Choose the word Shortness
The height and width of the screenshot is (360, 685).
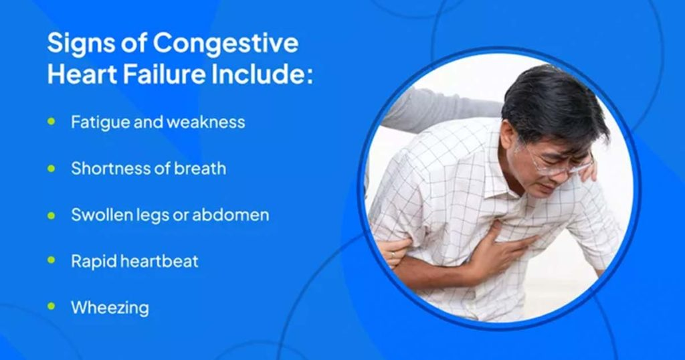pyautogui.click(x=108, y=168)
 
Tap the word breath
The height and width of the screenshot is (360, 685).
pyautogui.click(x=199, y=168)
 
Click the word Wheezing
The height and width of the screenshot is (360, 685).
pyautogui.click(x=110, y=308)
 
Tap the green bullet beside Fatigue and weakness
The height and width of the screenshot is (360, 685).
pyautogui.click(x=52, y=122)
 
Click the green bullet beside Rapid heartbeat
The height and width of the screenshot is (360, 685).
pyautogui.click(x=52, y=261)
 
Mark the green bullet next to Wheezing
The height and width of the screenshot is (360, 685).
pyautogui.click(x=52, y=307)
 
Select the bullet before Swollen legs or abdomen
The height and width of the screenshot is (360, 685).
pyautogui.click(x=52, y=215)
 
